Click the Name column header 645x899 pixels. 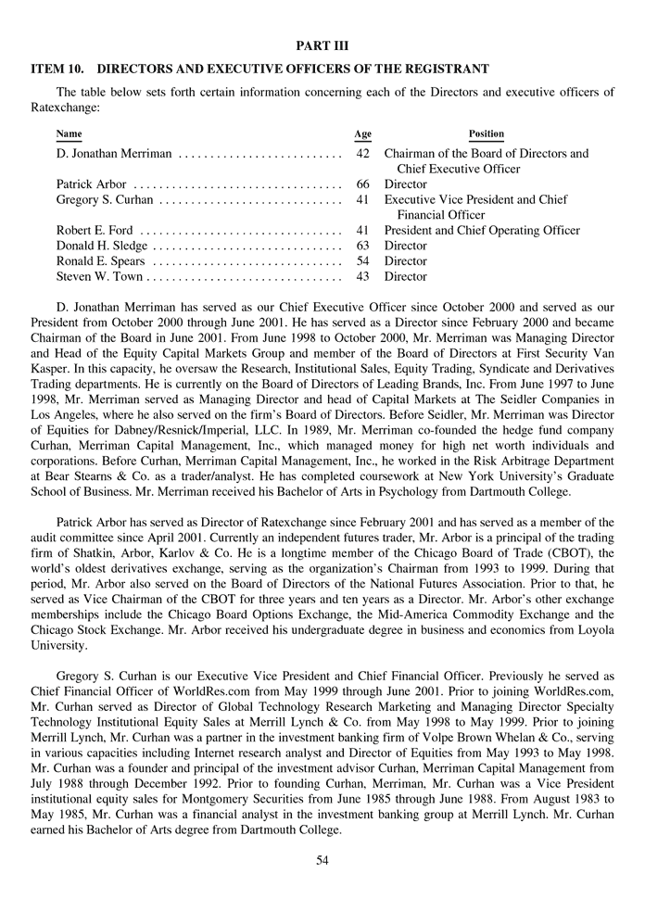point(69,134)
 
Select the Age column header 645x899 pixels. point(362,134)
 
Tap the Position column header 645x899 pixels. point(487,134)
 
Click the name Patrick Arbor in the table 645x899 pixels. point(91,184)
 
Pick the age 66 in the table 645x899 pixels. point(362,184)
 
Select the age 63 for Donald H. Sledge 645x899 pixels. point(362,246)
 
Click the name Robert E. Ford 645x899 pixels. point(95,231)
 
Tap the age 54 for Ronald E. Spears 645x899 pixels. point(362,261)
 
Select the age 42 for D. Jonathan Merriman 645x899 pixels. point(362,154)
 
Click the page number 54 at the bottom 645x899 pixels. point(322,860)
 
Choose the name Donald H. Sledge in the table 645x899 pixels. point(101,246)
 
